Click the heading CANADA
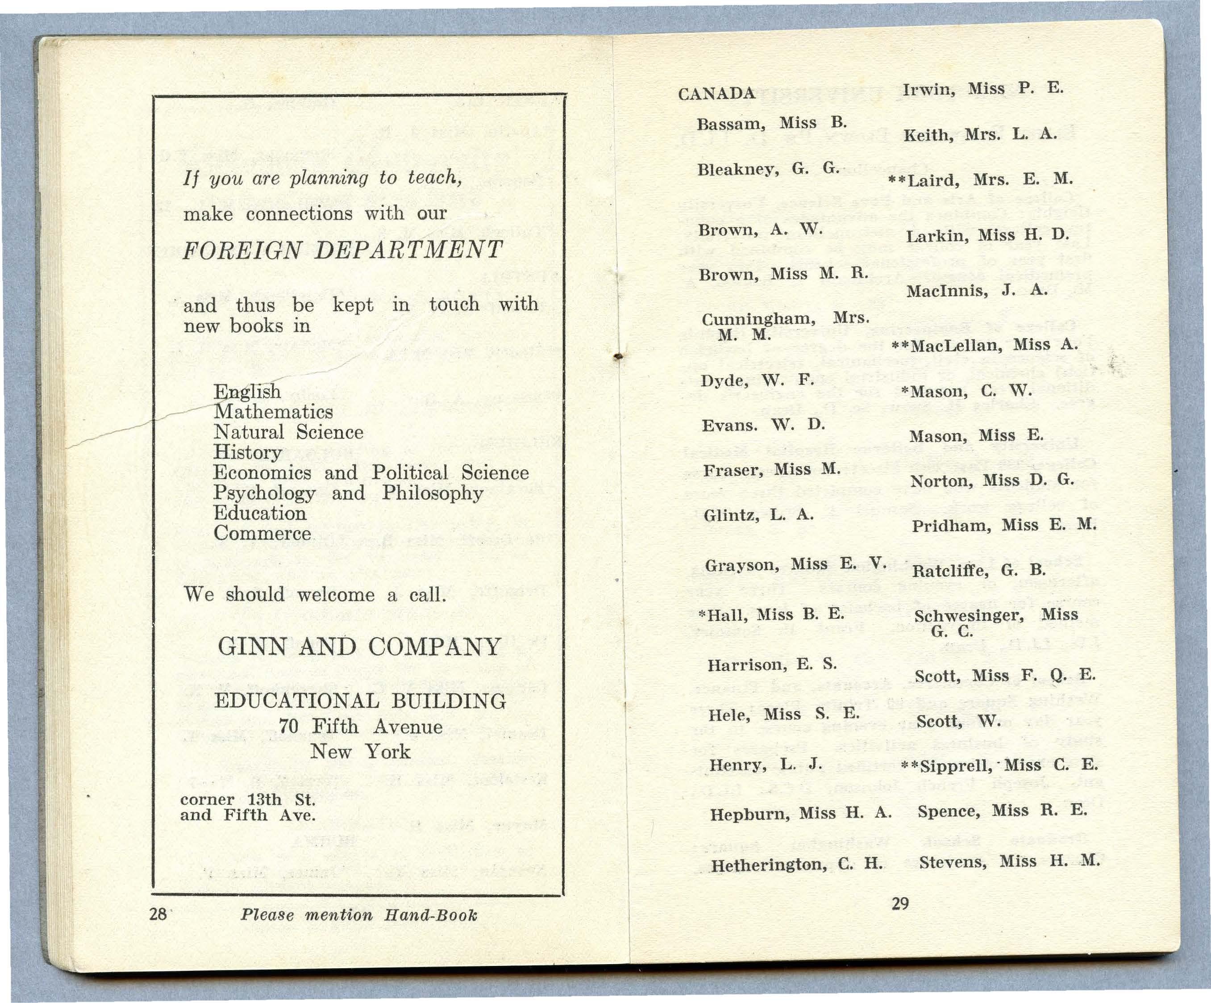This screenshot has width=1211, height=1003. (x=716, y=93)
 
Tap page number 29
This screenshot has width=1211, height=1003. (x=900, y=903)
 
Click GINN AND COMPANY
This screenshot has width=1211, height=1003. (x=359, y=647)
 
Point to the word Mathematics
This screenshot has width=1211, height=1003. (x=273, y=412)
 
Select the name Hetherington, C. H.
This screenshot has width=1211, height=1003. (x=796, y=864)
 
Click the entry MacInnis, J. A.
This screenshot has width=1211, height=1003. (x=977, y=290)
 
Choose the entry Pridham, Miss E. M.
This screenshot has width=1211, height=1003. (x=1003, y=525)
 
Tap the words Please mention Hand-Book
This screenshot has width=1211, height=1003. (x=359, y=915)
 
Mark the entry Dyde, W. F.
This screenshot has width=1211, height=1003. (x=757, y=380)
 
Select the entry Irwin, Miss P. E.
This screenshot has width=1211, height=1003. (x=982, y=89)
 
